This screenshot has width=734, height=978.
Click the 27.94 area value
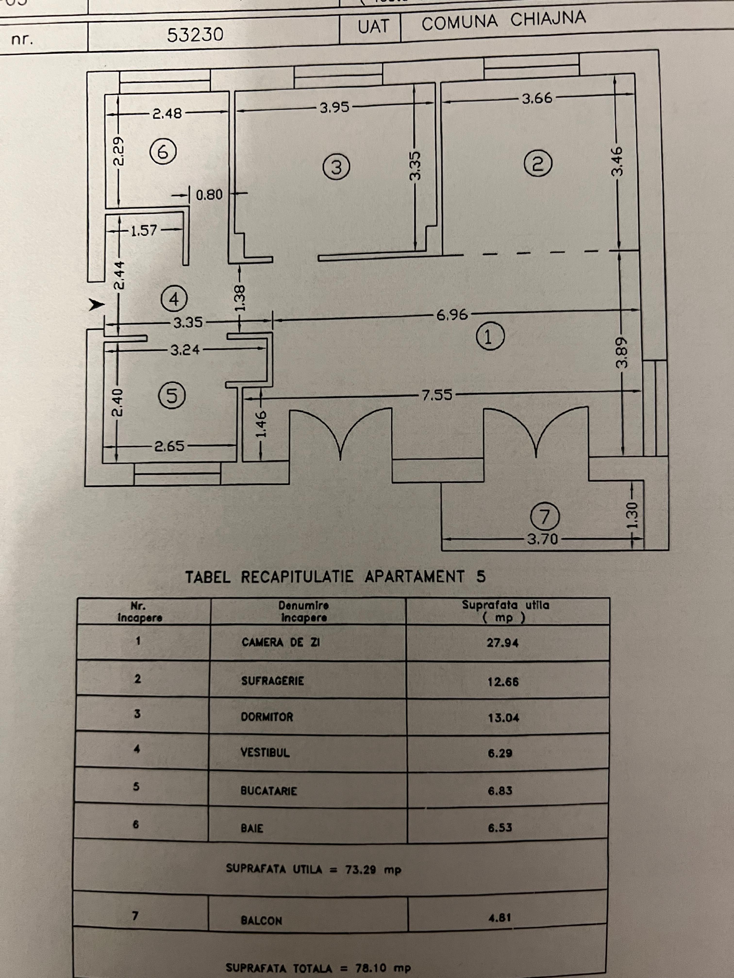click(x=503, y=643)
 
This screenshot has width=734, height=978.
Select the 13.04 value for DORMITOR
click(x=503, y=717)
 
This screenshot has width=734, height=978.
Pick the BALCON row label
click(x=261, y=921)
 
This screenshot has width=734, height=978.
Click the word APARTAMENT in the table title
click(x=415, y=577)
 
